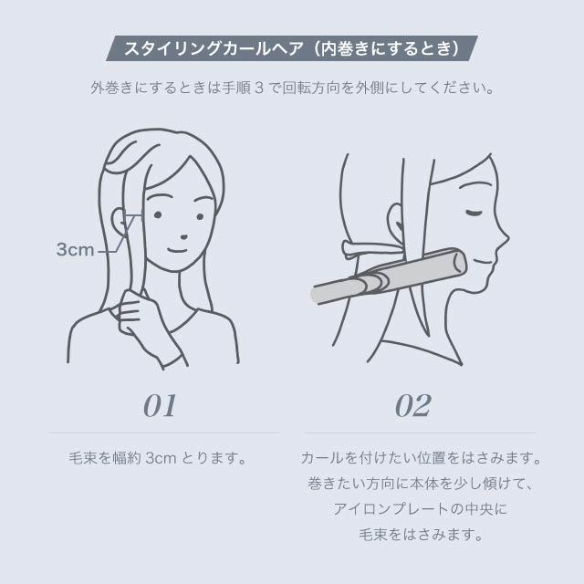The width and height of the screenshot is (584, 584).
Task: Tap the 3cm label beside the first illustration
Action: pyautogui.click(x=75, y=249)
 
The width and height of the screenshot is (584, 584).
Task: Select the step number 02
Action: pyautogui.click(x=412, y=405)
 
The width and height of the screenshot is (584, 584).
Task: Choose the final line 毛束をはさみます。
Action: pyautogui.click(x=421, y=534)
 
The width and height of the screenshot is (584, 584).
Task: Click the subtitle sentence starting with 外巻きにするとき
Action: pyautogui.click(x=292, y=90)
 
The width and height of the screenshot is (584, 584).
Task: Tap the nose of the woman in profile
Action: pyautogui.click(x=505, y=239)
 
